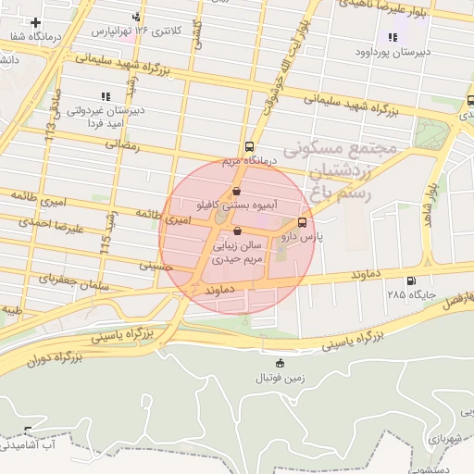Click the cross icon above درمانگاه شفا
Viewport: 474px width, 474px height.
[x=36, y=22]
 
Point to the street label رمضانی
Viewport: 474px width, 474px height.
[x=121, y=143]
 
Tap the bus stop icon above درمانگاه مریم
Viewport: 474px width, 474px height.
[x=248, y=146]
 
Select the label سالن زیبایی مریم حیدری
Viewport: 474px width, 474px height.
[x=239, y=253]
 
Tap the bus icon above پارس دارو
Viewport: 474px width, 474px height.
[x=303, y=223]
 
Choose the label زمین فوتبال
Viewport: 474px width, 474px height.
[x=281, y=378]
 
